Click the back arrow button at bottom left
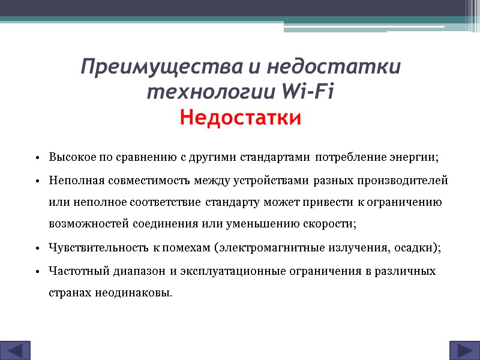(15, 350)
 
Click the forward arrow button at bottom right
(464, 350)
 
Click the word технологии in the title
(210, 92)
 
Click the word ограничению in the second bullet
(407, 202)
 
